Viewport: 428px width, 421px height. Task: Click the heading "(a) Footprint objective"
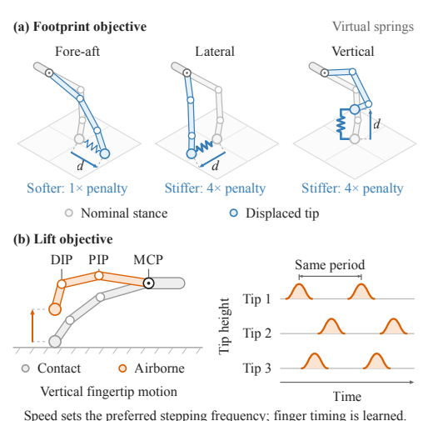pyautogui.click(x=80, y=27)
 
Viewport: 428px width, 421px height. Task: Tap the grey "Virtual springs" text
pyautogui.click(x=373, y=27)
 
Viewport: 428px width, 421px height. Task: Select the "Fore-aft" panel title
pyautogui.click(x=77, y=52)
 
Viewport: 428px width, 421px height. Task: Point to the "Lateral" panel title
pyautogui.click(x=215, y=52)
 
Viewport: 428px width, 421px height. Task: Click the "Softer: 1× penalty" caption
pyautogui.click(x=77, y=188)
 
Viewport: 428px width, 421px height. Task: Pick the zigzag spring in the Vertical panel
pyautogui.click(x=341, y=124)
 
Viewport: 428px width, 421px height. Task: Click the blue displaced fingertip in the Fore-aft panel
pyautogui.click(x=105, y=153)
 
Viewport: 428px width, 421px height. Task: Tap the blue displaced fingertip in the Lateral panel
pyautogui.click(x=192, y=153)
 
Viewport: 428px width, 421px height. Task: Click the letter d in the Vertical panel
pyautogui.click(x=376, y=123)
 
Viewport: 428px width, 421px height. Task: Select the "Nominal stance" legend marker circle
pyautogui.click(x=69, y=213)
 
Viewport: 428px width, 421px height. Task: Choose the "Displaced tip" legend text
pyautogui.click(x=282, y=213)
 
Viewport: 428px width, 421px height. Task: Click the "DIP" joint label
pyautogui.click(x=62, y=260)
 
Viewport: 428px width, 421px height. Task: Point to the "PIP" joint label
pyautogui.click(x=98, y=260)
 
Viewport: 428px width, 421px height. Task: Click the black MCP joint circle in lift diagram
pyautogui.click(x=149, y=283)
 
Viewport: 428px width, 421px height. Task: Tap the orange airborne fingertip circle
pyautogui.click(x=55, y=309)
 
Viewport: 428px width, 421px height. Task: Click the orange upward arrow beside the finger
pyautogui.click(x=32, y=326)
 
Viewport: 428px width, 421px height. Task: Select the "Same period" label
pyautogui.click(x=330, y=265)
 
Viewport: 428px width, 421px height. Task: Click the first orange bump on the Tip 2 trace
pyautogui.click(x=331, y=326)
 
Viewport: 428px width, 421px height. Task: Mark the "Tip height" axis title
pyautogui.click(x=224, y=327)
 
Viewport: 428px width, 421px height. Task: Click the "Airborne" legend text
pyautogui.click(x=159, y=368)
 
